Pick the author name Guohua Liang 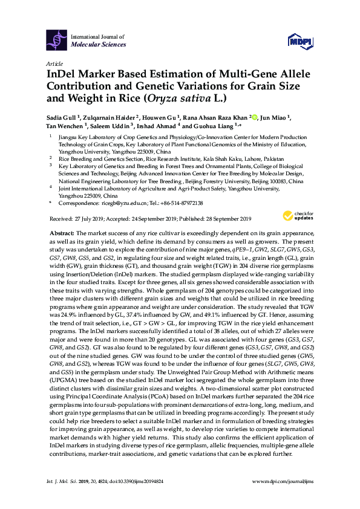202,126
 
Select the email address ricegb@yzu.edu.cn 121,203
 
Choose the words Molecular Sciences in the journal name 99,45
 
